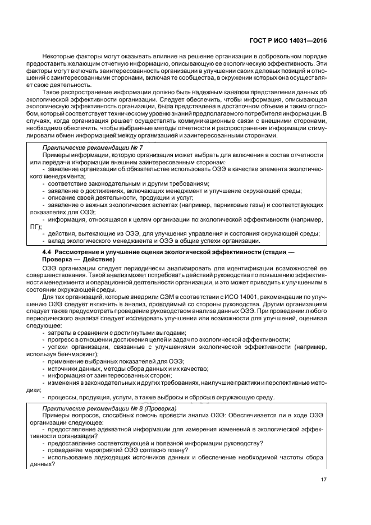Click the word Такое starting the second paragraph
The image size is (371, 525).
52,91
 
